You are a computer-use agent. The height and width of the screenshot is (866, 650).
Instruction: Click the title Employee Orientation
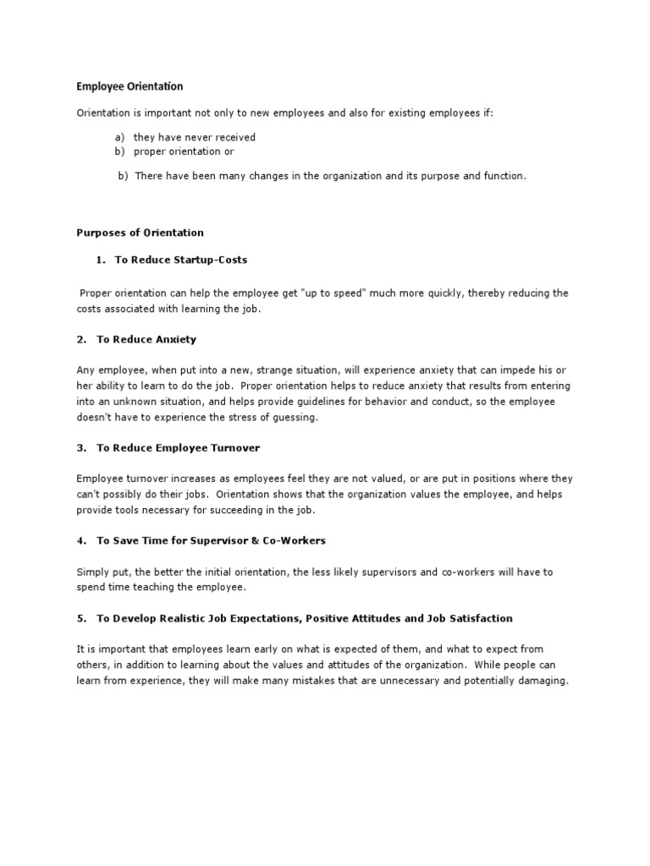[129, 86]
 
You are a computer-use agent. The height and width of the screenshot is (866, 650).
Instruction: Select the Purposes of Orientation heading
[140, 233]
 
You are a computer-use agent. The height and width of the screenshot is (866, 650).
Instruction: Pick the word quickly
[440, 293]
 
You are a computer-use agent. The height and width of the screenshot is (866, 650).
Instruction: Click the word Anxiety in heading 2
[175, 339]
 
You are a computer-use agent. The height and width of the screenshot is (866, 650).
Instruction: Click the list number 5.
[81, 618]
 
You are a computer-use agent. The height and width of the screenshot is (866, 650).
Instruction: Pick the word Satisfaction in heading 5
[477, 618]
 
